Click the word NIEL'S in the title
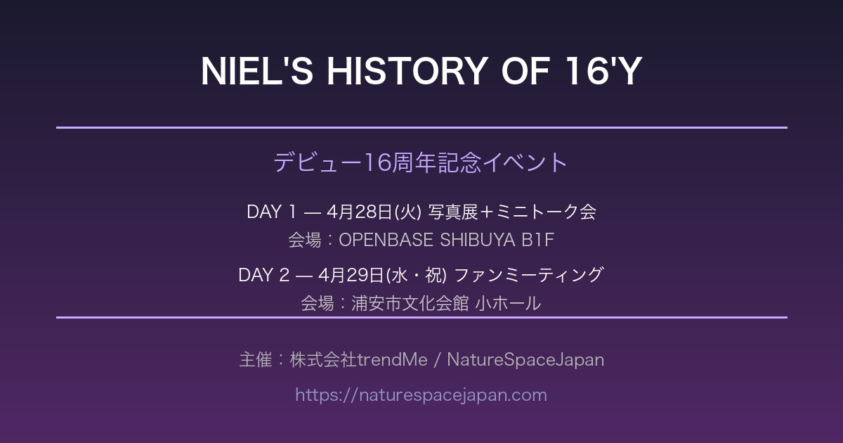pos(257,71)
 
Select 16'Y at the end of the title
pos(603,71)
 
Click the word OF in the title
pos(526,71)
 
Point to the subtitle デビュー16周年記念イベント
pos(421,162)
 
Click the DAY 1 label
pos(272,212)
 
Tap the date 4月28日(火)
pos(374,212)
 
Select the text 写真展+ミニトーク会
pos(512,212)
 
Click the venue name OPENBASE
pos(386,240)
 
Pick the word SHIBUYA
pos(478,240)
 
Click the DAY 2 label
pos(264,275)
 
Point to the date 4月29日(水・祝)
pos(382,275)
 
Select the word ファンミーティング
pos(529,275)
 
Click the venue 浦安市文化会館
pos(410,303)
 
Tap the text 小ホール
pos(508,303)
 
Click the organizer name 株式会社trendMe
pos(359,359)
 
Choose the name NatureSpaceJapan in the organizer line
pos(525,360)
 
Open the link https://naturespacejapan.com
pos(421,395)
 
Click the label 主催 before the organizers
pos(256,359)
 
